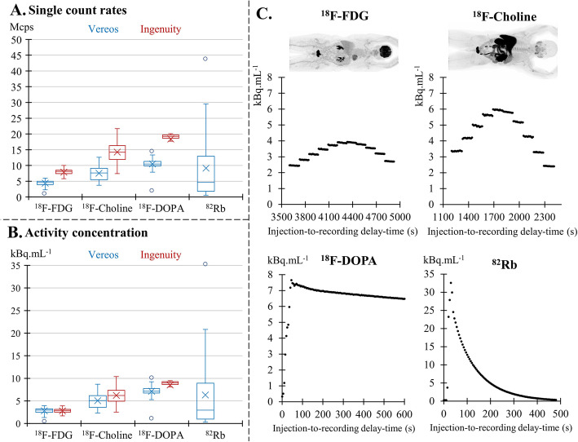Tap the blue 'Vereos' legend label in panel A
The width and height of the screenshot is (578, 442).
107,29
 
